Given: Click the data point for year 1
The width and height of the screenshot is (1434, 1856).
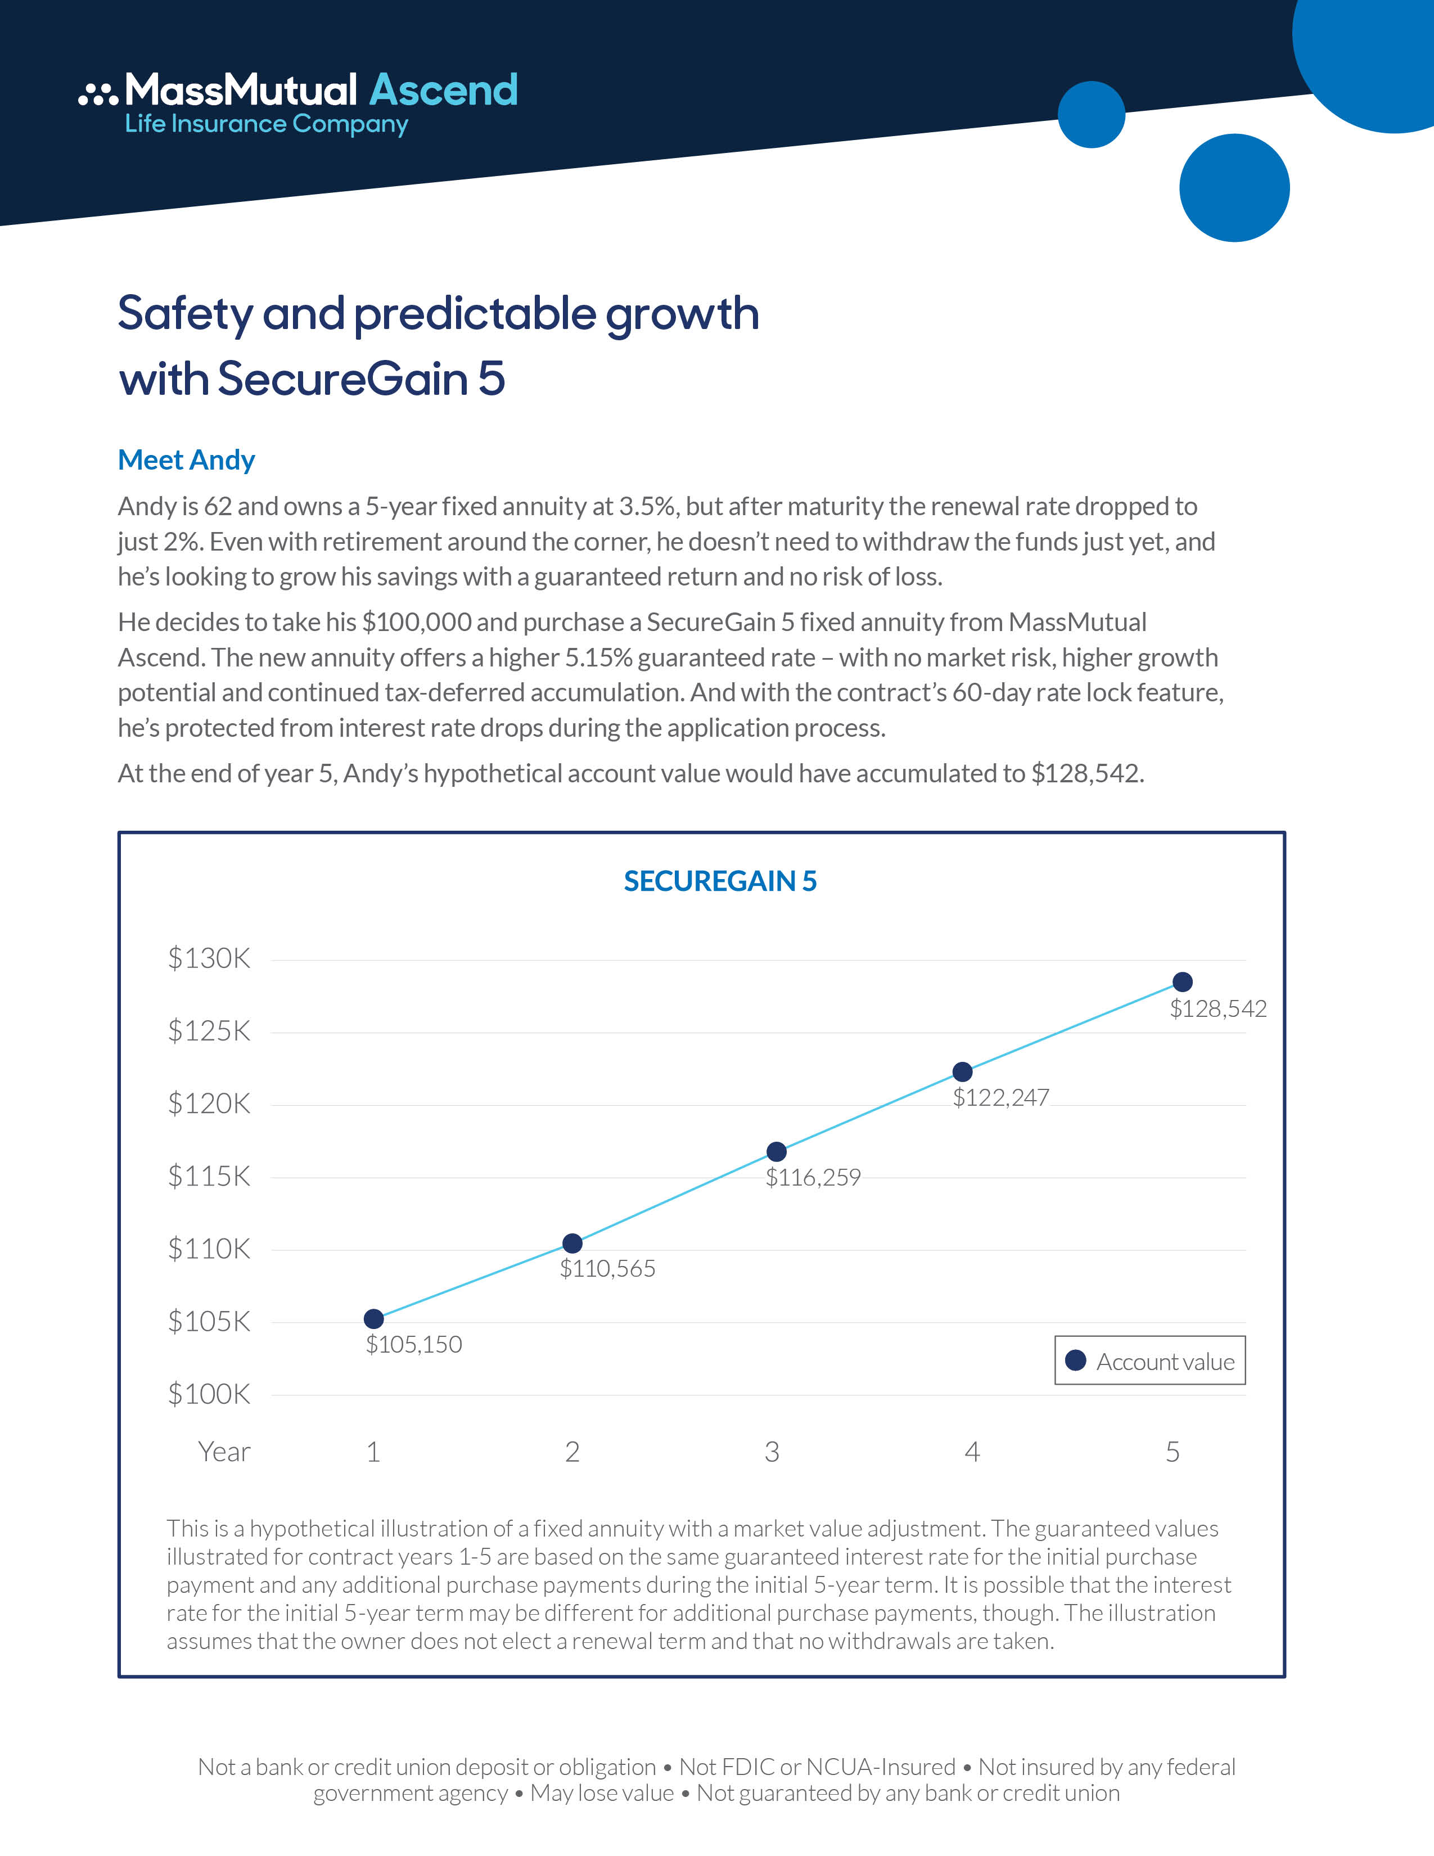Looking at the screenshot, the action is click(374, 1319).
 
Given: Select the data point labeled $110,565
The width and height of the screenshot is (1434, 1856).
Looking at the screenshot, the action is click(572, 1244).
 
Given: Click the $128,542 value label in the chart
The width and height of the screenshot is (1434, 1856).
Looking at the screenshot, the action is click(1218, 1009).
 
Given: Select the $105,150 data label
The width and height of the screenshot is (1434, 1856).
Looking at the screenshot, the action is click(414, 1344).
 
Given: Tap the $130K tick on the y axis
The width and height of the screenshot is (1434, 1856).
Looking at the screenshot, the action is click(209, 958).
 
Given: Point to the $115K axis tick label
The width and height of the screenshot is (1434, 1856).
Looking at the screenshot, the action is click(209, 1176).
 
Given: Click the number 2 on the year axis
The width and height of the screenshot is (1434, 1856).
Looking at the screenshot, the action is click(572, 1452).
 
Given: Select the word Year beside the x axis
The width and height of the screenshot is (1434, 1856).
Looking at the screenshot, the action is click(224, 1452).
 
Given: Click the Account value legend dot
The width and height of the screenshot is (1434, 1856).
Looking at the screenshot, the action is click(1075, 1361).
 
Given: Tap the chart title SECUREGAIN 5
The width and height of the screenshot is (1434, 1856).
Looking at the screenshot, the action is click(720, 881).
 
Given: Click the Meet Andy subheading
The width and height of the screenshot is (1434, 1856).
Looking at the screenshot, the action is click(186, 460).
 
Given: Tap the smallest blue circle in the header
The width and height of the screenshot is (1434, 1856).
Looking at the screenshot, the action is click(1092, 115).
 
